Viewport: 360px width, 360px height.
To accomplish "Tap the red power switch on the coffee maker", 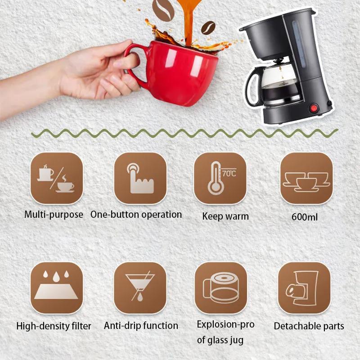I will [313, 108].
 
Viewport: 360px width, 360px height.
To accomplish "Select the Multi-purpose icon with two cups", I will [56, 179].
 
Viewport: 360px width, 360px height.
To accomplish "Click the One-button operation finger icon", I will [140, 179].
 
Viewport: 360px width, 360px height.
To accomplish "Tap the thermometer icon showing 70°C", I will [220, 179].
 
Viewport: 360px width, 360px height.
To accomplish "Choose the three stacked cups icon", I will [306, 179].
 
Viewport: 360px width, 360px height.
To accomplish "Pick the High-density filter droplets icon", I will [56, 288].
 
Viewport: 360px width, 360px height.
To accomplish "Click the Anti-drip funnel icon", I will [140, 288].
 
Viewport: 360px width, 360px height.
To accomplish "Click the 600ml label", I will [305, 217].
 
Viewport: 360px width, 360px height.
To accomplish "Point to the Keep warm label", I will [225, 216].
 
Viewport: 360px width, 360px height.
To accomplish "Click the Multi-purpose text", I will [54, 215].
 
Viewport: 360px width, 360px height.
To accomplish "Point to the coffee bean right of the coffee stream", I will [208, 28].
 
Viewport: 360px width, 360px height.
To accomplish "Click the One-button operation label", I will [136, 215].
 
